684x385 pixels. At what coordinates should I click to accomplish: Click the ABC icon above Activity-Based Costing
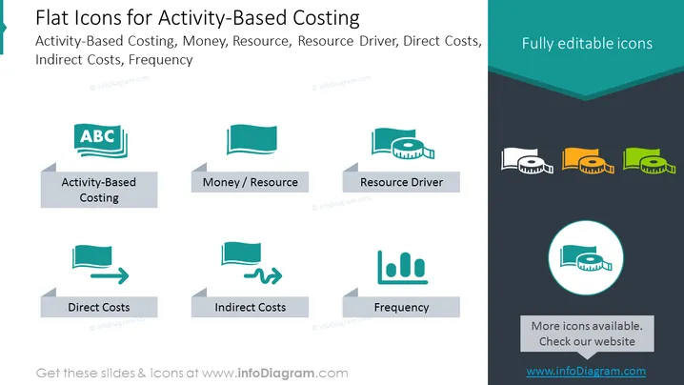coord(101,140)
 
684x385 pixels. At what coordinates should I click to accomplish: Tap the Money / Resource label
coord(250,182)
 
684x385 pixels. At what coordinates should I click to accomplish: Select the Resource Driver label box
coord(401,182)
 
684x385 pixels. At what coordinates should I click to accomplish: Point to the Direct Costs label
coord(99,307)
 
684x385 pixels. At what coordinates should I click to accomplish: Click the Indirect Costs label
coord(250,307)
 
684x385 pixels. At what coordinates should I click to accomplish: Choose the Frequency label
coord(401,307)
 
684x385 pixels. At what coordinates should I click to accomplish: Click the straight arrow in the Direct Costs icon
coord(110,275)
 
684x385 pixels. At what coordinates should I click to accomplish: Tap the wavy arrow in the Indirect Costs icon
coord(263,275)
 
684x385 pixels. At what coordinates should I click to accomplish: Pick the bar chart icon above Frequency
coord(402,267)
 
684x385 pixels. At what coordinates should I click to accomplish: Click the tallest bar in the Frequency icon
coord(406,265)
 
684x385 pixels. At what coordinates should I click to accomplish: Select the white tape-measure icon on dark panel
coord(527,161)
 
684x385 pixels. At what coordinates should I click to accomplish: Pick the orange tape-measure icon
coord(588,161)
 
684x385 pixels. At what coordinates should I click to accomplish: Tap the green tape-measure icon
coord(649,161)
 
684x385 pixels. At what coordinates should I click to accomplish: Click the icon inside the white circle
coord(586,258)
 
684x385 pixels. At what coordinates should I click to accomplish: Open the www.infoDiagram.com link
coord(586,371)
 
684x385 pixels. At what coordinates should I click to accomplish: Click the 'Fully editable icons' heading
coord(587,43)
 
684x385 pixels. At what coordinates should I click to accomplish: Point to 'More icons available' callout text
coord(587,334)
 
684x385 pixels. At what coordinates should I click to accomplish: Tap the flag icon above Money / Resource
coord(251,139)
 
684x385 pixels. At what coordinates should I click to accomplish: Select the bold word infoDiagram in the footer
coord(276,374)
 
